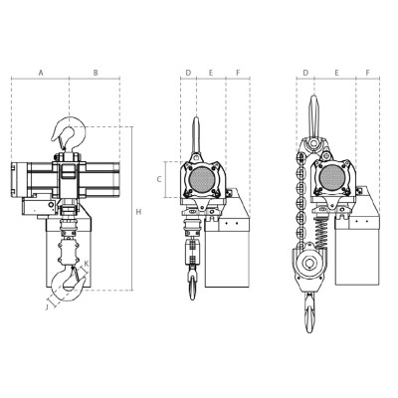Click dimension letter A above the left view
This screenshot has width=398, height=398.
pos(41,73)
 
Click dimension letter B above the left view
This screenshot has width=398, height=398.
pos(96,73)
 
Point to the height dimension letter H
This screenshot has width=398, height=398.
pos(138,212)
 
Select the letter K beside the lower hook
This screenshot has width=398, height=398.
pos(87,264)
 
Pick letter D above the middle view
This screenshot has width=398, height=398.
pos(188,73)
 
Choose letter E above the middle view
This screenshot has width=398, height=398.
pos(211,73)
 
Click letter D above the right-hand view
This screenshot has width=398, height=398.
pos(305,73)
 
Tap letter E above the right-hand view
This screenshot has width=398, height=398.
pos(338,73)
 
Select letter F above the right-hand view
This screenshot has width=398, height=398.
pos(368,73)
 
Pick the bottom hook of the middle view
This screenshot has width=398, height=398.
pos(191,289)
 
